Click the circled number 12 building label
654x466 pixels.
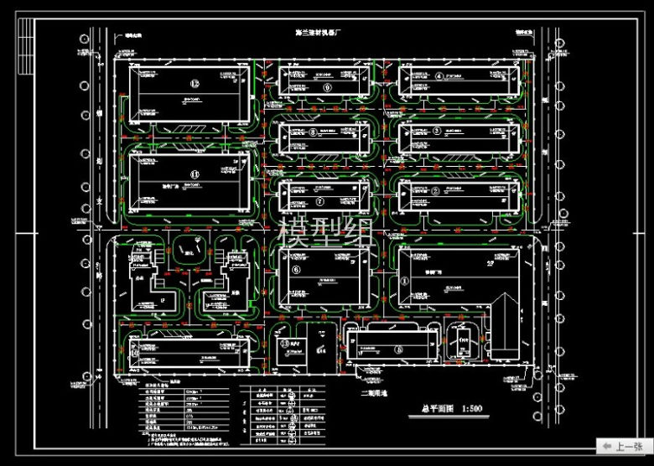coord(195,84)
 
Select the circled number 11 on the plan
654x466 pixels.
coord(195,174)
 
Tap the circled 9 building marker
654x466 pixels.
coord(326,86)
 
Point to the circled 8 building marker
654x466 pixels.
coord(313,132)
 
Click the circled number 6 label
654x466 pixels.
coord(295,270)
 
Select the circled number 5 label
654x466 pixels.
coord(399,349)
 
